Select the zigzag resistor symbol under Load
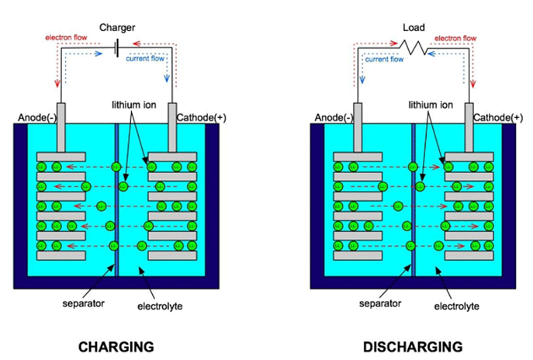pos(414,49)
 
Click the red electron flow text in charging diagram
pos(67,37)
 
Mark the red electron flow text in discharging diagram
pos(455,37)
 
